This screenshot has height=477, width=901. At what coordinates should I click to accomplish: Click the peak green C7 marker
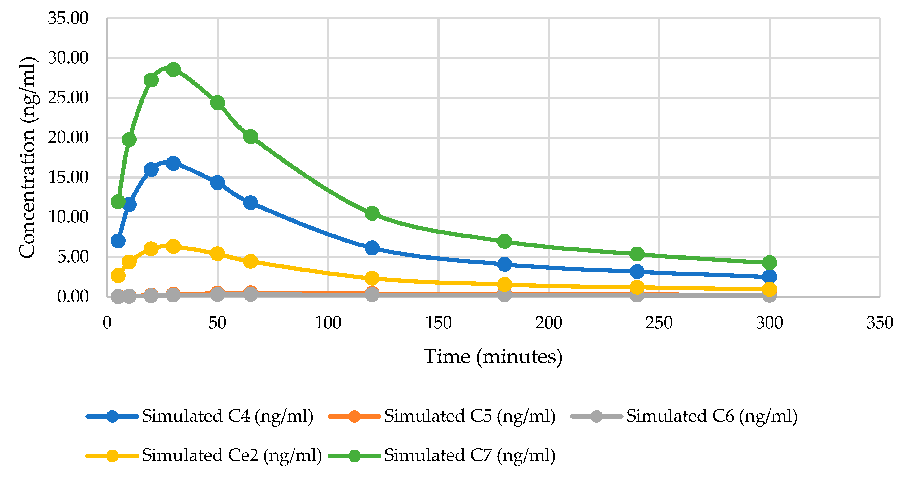click(x=173, y=70)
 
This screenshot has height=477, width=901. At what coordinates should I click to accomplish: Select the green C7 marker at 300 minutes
click(x=770, y=262)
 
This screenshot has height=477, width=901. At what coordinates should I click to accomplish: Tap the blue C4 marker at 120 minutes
click(x=372, y=248)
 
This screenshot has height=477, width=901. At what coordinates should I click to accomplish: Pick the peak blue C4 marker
click(x=173, y=163)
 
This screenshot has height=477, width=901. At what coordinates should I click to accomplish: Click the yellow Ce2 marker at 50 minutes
click(x=217, y=253)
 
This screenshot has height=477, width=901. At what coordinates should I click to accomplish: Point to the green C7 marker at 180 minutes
click(x=504, y=241)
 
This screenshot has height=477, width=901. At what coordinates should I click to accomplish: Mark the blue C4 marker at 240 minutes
click(x=637, y=271)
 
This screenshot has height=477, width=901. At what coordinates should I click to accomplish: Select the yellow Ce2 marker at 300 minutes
click(x=770, y=289)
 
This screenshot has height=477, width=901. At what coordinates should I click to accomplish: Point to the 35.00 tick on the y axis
click(x=68, y=18)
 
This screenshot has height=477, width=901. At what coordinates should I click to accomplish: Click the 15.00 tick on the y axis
click(x=68, y=177)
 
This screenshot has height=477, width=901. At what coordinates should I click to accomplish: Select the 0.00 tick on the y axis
click(x=73, y=296)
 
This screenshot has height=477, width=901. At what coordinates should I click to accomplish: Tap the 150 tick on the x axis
click(x=438, y=323)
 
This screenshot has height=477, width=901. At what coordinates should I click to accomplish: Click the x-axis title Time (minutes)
click(x=493, y=357)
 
